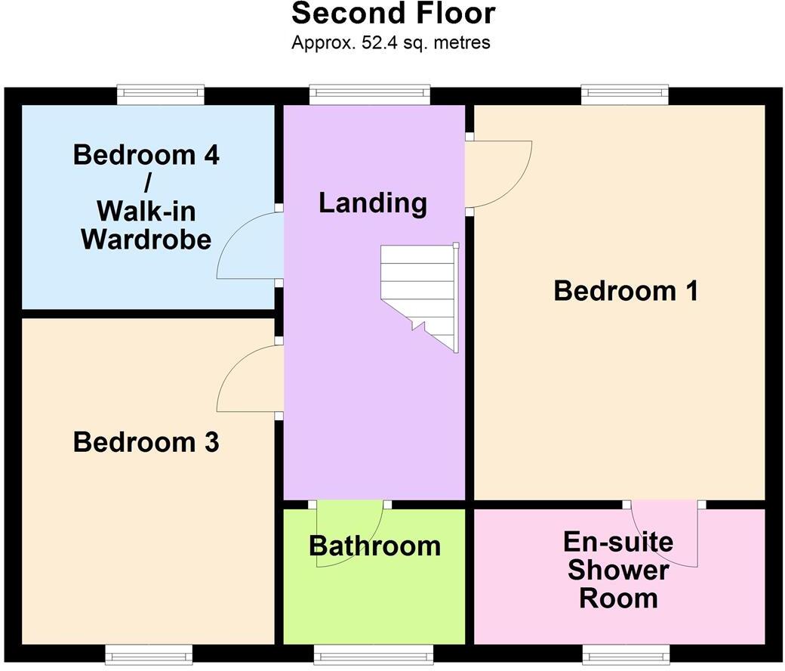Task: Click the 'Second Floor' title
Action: pyautogui.click(x=392, y=14)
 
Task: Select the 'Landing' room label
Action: pyautogui.click(x=372, y=203)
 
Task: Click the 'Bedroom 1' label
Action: pyautogui.click(x=626, y=291)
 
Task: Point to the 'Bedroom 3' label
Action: pyautogui.click(x=146, y=442)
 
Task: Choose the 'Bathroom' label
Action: pyautogui.click(x=374, y=546)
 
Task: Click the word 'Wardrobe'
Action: pyautogui.click(x=146, y=240)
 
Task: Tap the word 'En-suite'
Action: pyautogui.click(x=618, y=542)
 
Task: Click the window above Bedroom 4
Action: pyautogui.click(x=161, y=94)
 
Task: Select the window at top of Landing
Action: pyautogui.click(x=370, y=94)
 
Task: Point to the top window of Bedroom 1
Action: pyautogui.click(x=624, y=94)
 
